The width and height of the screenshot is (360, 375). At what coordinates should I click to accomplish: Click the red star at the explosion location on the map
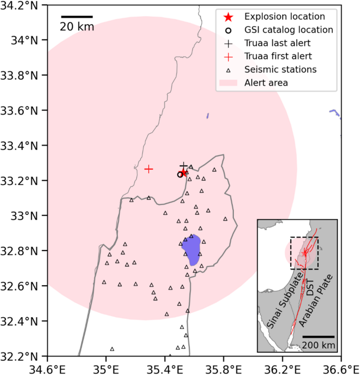click(183, 173)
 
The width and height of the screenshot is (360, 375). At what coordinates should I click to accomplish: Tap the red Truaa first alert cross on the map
click(149, 169)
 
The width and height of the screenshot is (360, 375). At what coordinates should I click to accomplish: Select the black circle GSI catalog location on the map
click(180, 174)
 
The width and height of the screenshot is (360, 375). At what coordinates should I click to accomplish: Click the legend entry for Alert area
click(266, 82)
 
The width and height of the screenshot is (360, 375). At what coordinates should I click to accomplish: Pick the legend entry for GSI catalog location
click(289, 30)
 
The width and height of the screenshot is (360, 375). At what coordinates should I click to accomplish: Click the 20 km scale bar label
click(77, 27)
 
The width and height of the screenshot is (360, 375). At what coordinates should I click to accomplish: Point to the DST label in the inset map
click(309, 286)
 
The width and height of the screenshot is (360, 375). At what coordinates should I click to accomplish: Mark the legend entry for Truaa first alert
click(278, 56)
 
